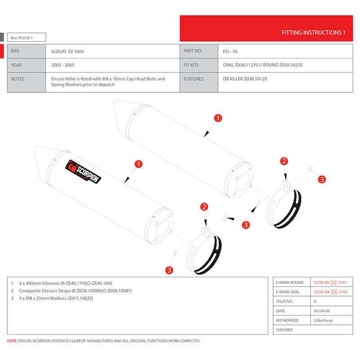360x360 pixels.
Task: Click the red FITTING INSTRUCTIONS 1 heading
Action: [x=313, y=33]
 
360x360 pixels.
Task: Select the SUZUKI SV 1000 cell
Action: [x=67, y=51]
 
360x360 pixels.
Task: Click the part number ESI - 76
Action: [x=230, y=51]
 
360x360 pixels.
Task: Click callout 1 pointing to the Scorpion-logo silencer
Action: [x=139, y=164]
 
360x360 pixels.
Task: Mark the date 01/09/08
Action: [x=323, y=311]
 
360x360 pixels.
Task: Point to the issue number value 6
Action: [x=315, y=301]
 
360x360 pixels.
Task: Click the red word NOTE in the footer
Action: [x=12, y=341]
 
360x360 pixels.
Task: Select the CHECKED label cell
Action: [x=284, y=330]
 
